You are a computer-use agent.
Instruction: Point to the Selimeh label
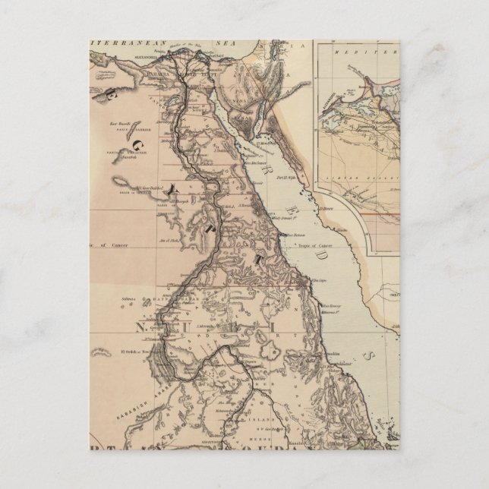(x=126, y=299)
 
